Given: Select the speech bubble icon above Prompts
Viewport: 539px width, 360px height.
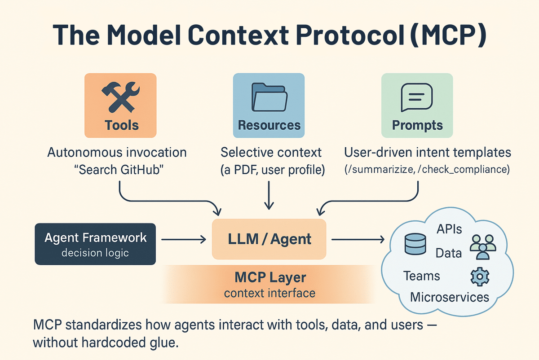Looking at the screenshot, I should pyautogui.click(x=417, y=97).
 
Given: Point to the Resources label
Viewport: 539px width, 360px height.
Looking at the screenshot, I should pyautogui.click(x=269, y=125).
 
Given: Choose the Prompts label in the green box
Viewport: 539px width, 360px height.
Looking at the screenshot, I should pyautogui.click(x=417, y=125).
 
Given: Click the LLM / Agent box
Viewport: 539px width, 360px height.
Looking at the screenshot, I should pyautogui.click(x=269, y=239).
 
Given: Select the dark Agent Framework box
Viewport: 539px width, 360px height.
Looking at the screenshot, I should pyautogui.click(x=95, y=244).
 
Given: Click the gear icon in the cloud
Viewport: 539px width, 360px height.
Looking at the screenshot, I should pyautogui.click(x=479, y=277).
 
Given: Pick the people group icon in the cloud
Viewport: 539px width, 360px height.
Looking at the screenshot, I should pyautogui.click(x=482, y=247).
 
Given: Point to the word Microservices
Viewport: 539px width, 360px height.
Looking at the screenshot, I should pyautogui.click(x=450, y=297).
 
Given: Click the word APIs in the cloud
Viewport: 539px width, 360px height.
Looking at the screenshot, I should pyautogui.click(x=449, y=229).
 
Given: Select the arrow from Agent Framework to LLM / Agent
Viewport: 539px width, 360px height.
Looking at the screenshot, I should pyautogui.click(x=183, y=240).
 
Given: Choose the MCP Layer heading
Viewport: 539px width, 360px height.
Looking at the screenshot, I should pyautogui.click(x=270, y=277).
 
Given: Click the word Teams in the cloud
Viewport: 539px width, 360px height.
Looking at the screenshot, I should pyautogui.click(x=421, y=275).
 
